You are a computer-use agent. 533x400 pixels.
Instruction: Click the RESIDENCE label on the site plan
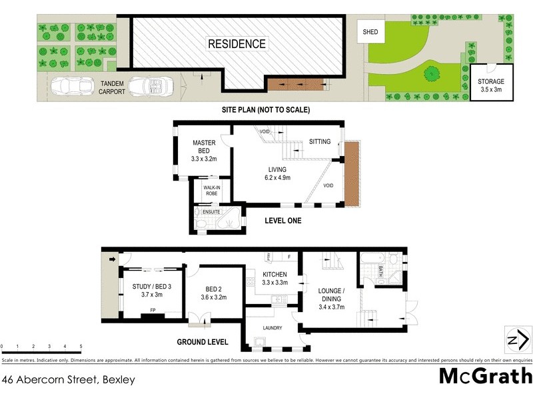point(237,44)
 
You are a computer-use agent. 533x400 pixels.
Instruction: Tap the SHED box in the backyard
point(369,32)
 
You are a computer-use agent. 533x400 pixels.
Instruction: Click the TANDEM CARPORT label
point(112,87)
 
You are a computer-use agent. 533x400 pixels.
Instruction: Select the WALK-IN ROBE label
point(212,190)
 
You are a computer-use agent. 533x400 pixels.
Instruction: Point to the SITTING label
point(320,141)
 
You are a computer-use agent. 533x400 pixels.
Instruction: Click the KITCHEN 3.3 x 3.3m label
point(274,278)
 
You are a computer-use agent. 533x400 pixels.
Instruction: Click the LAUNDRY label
point(272,327)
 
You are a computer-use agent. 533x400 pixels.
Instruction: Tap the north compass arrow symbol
point(513,340)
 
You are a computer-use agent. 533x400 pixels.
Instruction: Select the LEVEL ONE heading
point(284,220)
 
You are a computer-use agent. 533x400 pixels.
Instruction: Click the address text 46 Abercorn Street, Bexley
point(69,380)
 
